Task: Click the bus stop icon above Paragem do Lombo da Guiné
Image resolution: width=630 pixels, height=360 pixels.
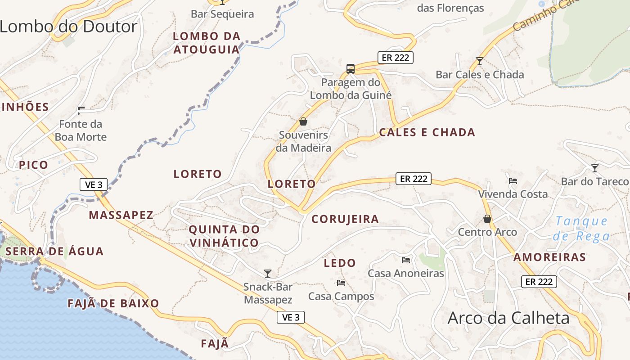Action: coord(351,69)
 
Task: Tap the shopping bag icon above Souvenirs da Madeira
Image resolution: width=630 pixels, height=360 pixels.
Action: coord(303,121)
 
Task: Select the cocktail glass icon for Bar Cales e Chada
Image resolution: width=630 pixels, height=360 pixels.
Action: coord(480,61)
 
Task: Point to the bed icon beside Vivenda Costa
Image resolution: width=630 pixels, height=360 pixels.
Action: coord(513,181)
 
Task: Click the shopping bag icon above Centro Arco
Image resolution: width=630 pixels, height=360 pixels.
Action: coord(487,219)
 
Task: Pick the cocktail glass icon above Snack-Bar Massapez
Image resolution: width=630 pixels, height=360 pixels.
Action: coord(268,273)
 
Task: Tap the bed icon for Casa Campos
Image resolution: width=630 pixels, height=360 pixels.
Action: coord(341,283)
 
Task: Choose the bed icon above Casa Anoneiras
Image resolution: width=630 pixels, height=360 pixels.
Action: coord(406,260)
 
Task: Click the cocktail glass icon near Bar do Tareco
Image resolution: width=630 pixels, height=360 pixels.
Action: coord(595,168)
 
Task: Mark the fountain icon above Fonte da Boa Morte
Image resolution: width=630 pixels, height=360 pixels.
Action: coord(81,110)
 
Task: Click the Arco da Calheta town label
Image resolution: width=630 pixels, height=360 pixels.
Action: coord(508,318)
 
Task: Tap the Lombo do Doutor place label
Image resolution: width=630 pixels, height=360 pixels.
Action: coord(68,27)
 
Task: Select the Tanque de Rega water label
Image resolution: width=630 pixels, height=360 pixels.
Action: coord(582,229)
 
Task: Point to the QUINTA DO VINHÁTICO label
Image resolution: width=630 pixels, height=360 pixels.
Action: coord(224,236)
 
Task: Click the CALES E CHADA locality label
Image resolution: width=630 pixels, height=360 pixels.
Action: coord(427,132)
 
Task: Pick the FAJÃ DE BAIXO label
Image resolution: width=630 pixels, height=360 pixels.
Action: coord(113,303)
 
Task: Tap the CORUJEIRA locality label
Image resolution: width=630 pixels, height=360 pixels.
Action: coord(345,219)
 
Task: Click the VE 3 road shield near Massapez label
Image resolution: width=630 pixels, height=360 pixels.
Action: coord(94,184)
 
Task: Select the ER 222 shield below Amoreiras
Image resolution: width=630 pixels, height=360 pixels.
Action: coord(539,282)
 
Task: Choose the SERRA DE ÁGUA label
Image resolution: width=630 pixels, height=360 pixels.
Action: coord(55,251)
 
